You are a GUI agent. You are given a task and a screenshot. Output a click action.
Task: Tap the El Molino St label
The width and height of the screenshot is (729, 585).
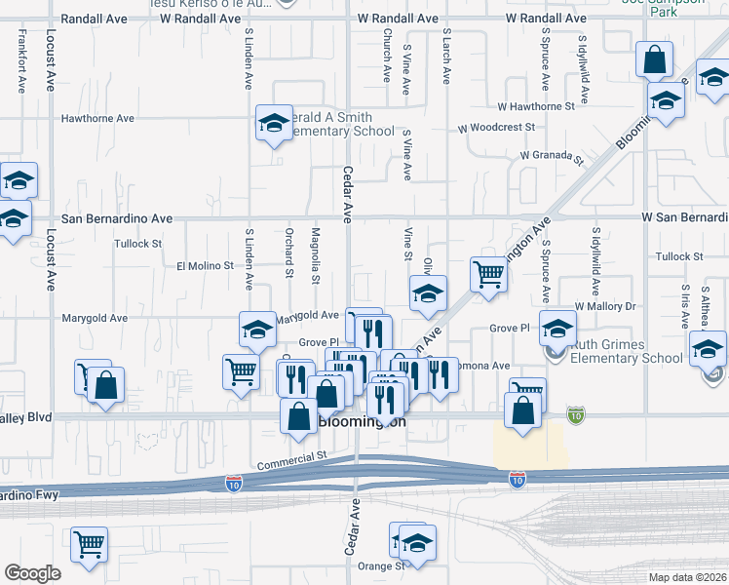tap(205, 265)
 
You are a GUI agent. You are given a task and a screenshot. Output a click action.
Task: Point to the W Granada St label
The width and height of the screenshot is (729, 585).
tap(551, 155)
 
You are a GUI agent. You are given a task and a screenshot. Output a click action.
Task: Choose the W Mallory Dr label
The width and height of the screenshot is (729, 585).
tap(604, 306)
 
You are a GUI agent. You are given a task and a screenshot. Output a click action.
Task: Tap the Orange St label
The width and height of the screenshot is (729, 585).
tap(380, 565)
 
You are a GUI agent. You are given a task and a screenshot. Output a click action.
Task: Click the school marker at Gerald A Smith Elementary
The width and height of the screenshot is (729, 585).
tap(274, 123)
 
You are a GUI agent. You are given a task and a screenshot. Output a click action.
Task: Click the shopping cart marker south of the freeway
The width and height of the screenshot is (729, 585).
tap(89, 544)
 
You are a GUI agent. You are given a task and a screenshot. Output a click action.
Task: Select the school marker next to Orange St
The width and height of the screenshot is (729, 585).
tap(417, 542)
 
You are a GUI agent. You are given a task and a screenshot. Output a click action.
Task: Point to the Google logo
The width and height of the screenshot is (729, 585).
tap(32, 573)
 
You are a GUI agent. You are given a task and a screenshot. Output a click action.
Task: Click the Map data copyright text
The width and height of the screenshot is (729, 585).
tap(687, 576)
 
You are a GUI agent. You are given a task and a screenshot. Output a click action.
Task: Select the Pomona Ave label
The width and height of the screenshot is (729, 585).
tap(488, 366)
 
